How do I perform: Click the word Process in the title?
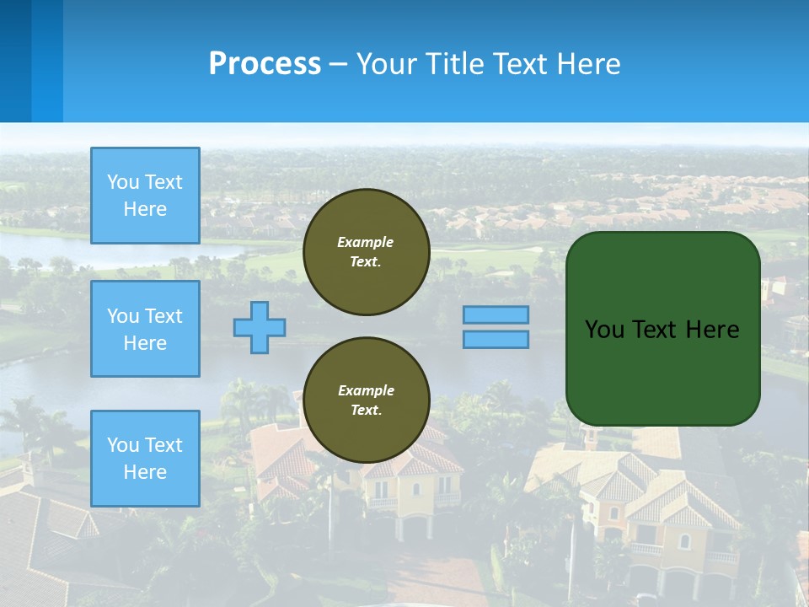tap(265, 64)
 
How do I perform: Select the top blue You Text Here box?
tap(145, 196)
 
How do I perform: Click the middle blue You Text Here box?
tap(145, 329)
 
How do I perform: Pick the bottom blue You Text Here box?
tap(145, 459)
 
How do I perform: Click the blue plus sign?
tap(260, 327)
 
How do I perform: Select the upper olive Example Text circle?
tap(366, 252)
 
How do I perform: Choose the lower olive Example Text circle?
tap(366, 400)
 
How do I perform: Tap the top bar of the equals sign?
tap(496, 314)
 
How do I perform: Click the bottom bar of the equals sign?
tap(496, 339)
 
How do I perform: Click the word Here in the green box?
tap(712, 330)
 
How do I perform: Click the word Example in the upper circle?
tap(366, 242)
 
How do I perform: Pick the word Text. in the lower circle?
tap(366, 411)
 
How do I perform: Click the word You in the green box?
tap(603, 330)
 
